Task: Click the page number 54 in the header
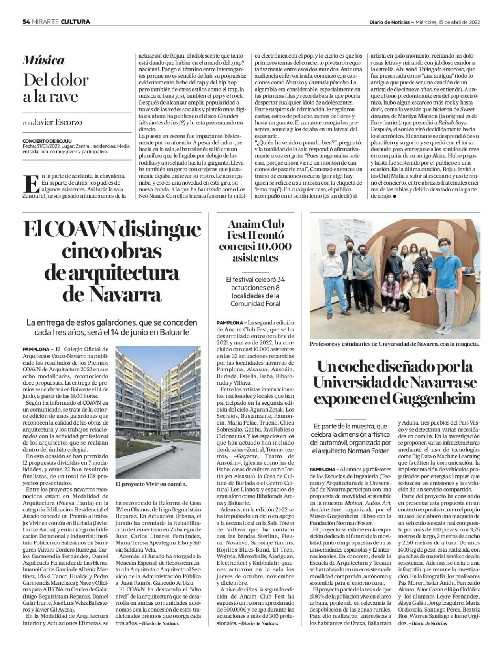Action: pos(26,22)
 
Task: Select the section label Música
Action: pos(43,60)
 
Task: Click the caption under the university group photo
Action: pos(394,344)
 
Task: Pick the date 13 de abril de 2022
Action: pos(459,22)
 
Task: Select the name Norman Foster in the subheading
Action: pos(370,451)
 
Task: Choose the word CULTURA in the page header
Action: pos(75,22)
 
